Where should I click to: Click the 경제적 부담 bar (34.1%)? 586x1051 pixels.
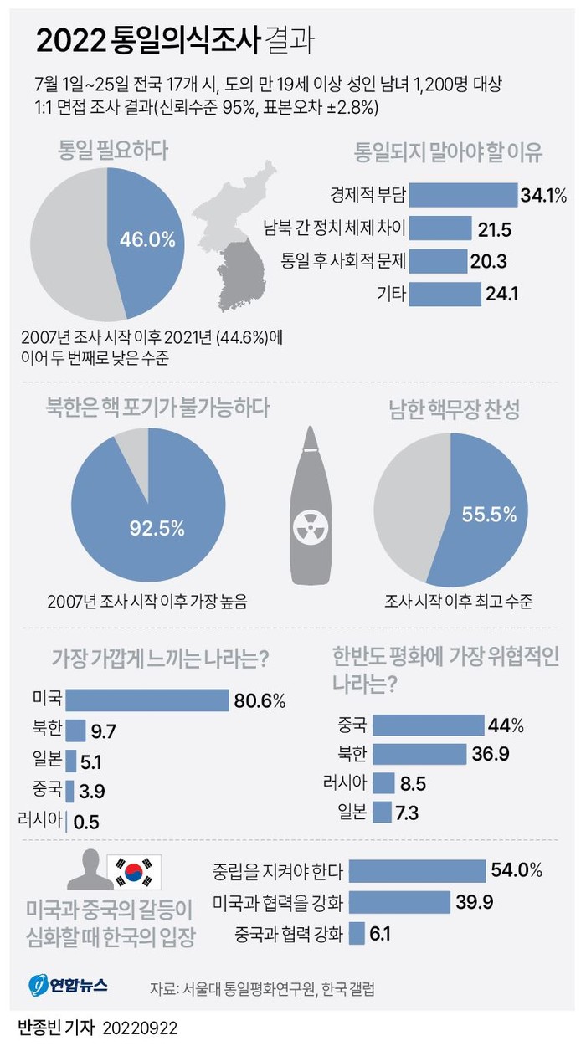pyautogui.click(x=465, y=196)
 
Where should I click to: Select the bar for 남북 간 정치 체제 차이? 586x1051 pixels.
pyautogui.click(x=440, y=228)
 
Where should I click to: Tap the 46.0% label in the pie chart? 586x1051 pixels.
pyautogui.click(x=147, y=240)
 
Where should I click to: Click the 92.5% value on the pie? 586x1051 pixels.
pyautogui.click(x=156, y=528)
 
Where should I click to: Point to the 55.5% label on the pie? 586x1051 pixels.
pyautogui.click(x=489, y=515)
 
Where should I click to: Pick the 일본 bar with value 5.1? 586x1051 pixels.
pyautogui.click(x=71, y=761)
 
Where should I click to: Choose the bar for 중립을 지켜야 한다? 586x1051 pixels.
pyautogui.click(x=417, y=871)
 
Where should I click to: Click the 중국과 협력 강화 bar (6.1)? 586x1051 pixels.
pyautogui.click(x=357, y=933)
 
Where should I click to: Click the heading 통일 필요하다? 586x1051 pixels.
pyautogui.click(x=112, y=151)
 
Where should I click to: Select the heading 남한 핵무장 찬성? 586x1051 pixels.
pyautogui.click(x=454, y=409)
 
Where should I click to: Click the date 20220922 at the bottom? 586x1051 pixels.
pyautogui.click(x=140, y=1027)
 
